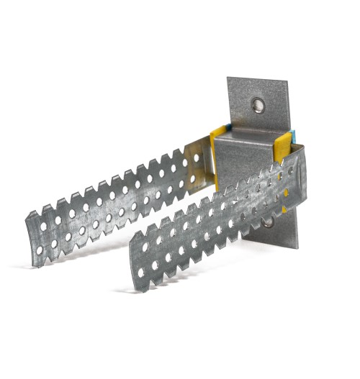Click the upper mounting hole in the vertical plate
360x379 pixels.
tap(258, 106)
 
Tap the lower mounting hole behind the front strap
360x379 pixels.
tap(268, 222)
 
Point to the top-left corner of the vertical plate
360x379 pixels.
tap(228, 79)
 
